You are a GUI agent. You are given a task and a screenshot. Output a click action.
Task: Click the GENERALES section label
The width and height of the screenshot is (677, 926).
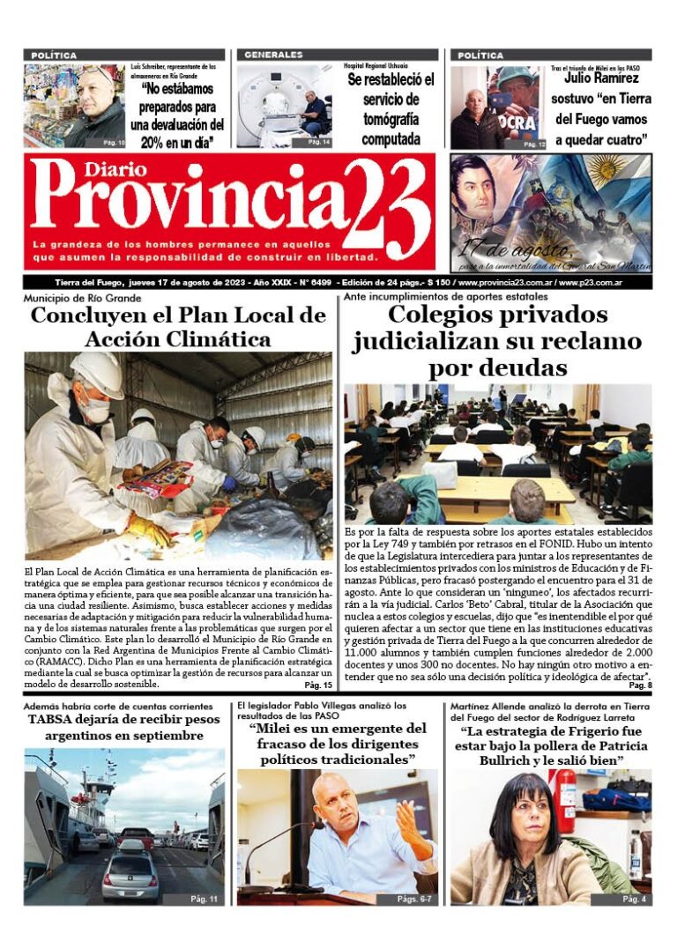274,55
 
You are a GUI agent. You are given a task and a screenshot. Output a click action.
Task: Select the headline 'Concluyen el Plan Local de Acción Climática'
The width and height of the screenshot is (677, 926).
179,327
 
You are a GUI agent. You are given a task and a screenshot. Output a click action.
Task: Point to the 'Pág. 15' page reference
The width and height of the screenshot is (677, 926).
318,685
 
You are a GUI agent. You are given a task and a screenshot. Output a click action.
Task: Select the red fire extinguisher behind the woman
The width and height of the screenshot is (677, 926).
562,798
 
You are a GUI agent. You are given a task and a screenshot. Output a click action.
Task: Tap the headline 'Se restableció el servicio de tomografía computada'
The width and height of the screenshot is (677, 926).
390,109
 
